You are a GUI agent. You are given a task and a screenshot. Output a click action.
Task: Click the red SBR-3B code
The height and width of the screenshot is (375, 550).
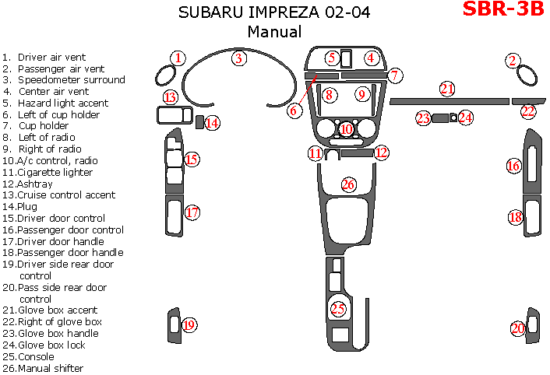click(x=502, y=10)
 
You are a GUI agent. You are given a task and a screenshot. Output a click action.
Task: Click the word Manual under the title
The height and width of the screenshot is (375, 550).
click(x=274, y=32)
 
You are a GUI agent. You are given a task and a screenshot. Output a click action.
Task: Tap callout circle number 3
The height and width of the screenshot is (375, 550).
click(x=240, y=58)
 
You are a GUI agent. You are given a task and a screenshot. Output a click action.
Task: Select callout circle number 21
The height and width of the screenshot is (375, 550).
click(x=446, y=89)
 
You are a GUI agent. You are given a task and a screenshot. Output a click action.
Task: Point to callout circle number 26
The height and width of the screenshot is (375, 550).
click(x=348, y=184)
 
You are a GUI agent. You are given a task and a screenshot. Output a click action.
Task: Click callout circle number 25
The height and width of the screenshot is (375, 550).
click(x=337, y=309)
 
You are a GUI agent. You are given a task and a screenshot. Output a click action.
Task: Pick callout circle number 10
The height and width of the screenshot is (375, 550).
click(x=347, y=128)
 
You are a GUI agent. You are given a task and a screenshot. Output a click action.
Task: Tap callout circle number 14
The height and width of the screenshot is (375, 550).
click(x=211, y=122)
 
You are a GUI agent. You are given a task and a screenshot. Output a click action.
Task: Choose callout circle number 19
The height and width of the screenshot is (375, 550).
click(x=188, y=325)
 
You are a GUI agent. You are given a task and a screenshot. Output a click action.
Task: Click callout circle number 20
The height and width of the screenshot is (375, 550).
click(x=518, y=328)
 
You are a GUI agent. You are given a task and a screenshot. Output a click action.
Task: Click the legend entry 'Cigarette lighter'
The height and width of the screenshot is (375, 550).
click(x=51, y=172)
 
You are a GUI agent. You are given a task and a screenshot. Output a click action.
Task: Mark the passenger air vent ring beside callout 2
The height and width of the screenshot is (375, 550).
click(x=527, y=77)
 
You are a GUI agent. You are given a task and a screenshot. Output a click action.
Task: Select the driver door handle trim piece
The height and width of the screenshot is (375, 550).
click(x=171, y=216)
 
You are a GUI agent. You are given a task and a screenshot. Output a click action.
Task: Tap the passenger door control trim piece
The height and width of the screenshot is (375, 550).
click(x=534, y=162)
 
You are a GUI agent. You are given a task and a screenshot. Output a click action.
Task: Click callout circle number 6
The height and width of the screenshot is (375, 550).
click(x=294, y=110)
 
